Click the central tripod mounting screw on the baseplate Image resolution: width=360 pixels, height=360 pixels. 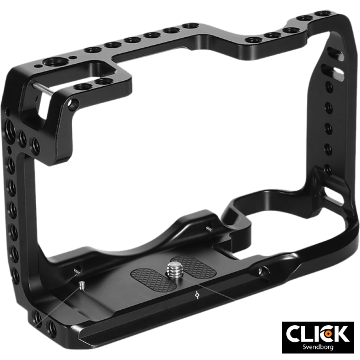point(175,271)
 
